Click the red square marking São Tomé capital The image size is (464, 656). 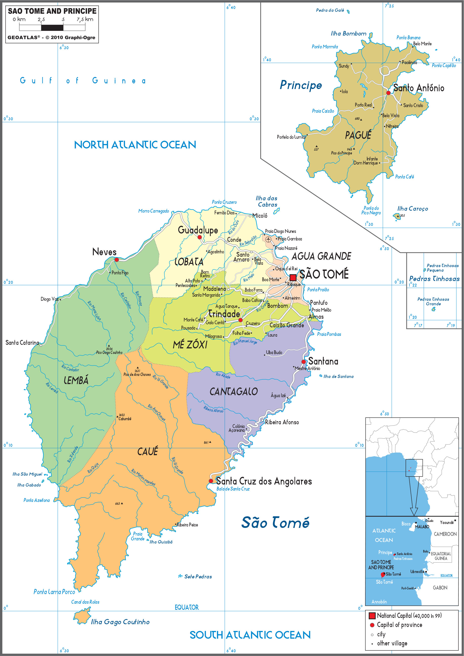click(293, 277)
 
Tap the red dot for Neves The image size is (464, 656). click(117, 260)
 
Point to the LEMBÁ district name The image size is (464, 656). click(76, 380)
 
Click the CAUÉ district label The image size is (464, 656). click(147, 452)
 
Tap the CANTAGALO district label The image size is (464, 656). click(233, 392)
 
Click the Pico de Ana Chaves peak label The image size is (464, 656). click(137, 375)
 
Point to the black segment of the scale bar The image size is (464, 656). click(52, 28)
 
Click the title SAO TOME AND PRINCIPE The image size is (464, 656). click(52, 11)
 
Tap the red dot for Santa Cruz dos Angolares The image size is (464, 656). click(211, 481)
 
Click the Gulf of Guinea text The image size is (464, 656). click(83, 81)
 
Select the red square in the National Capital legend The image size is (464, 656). click(372, 616)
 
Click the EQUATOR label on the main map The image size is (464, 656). click(187, 607)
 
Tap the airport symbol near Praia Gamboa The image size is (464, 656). click(268, 239)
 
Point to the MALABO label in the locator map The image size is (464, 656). click(422, 527)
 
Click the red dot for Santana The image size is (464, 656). click(304, 362)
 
